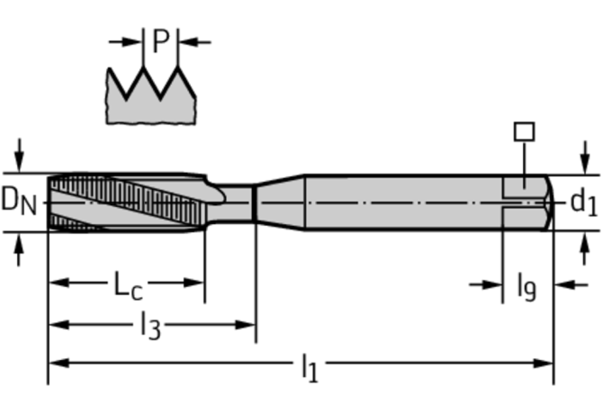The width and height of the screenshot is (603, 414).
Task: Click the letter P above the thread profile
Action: [x=161, y=40]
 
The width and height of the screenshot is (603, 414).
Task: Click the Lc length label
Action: [x=127, y=285]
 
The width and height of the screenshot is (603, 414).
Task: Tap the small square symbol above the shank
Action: [x=523, y=132]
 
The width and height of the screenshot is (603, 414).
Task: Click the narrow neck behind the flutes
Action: [x=238, y=202]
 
